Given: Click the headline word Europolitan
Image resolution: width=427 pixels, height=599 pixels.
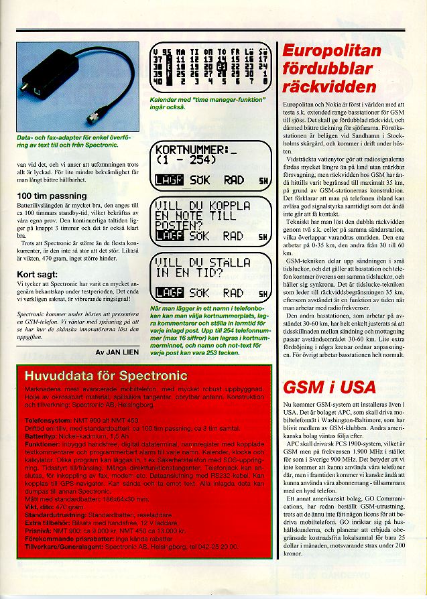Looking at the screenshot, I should [332, 52].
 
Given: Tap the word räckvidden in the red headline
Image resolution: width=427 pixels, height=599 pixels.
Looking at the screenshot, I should [329, 86].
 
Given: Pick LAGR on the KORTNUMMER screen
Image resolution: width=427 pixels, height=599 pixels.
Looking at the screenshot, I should [166, 180].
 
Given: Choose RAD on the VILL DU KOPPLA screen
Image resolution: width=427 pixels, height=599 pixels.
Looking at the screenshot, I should [233, 236].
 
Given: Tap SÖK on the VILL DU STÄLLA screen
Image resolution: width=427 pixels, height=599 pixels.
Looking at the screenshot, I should [199, 293].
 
